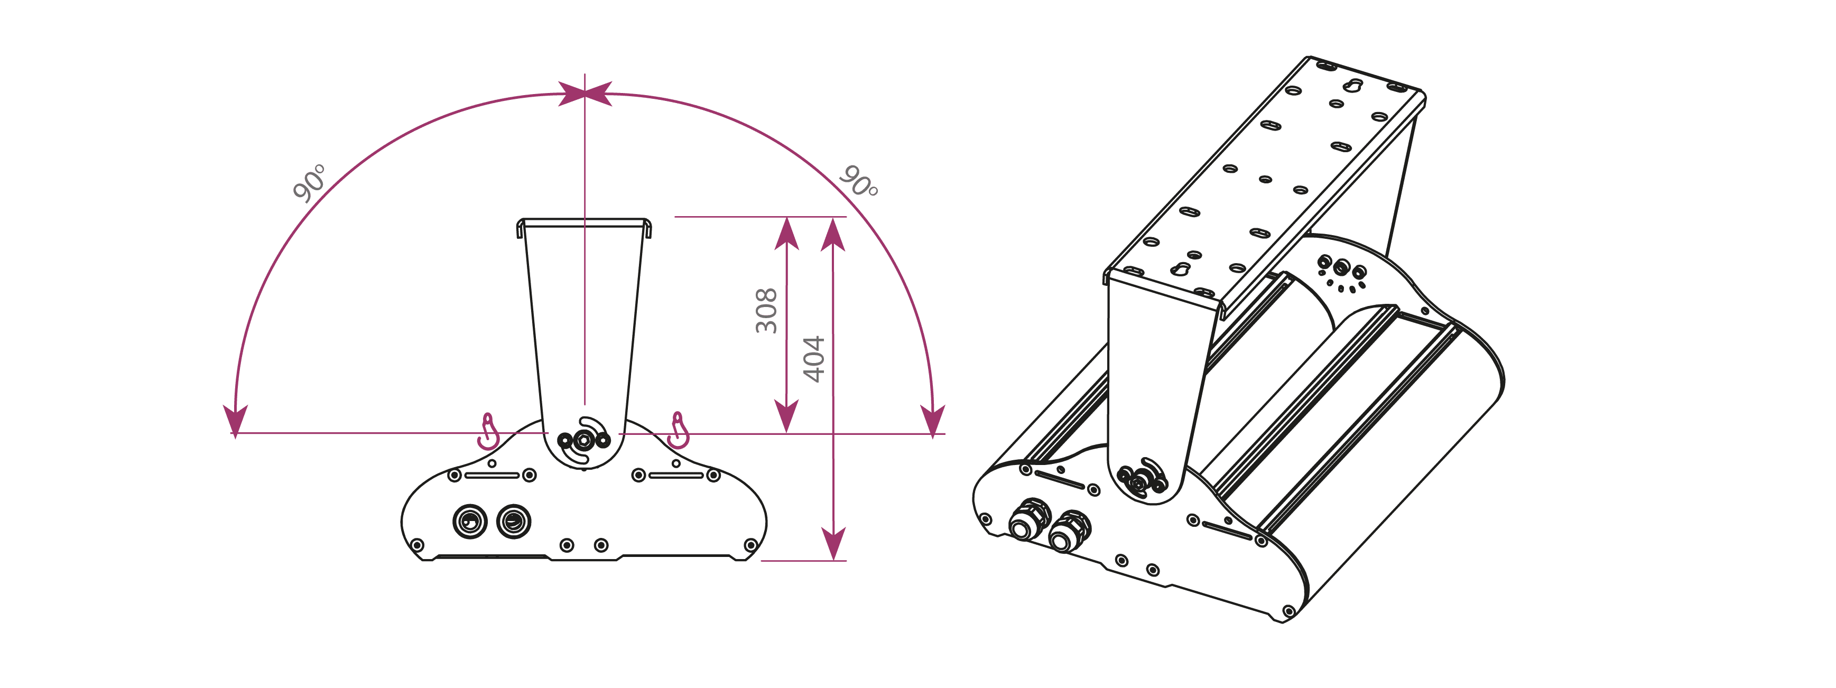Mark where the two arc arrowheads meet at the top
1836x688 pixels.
pos(585,94)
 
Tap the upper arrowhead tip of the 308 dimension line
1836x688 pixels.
pos(786,218)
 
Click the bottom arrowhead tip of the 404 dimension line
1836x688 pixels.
pos(833,560)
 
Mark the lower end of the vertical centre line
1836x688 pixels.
pos(585,404)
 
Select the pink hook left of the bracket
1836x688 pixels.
pos(488,431)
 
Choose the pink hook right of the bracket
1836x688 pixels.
pos(679,430)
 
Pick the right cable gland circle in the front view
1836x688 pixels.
pos(513,521)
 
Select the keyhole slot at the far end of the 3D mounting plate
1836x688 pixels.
pos(1353,86)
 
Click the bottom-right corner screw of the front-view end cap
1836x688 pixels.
pos(750,545)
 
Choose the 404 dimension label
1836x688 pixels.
pos(813,359)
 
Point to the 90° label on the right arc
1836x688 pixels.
pos(859,181)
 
